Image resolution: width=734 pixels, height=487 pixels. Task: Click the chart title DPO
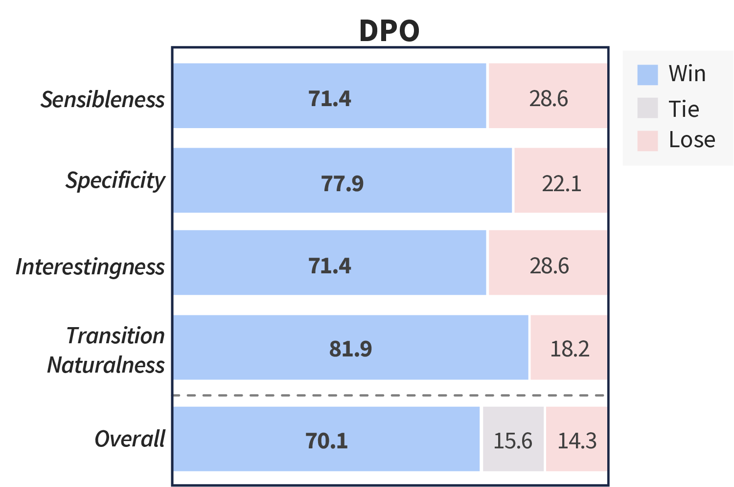pyautogui.click(x=389, y=31)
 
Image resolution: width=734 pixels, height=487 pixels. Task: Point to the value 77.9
pyautogui.click(x=343, y=184)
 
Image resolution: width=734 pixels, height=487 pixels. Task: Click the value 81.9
pyautogui.click(x=350, y=349)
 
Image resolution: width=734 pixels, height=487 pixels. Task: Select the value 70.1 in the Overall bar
pyautogui.click(x=327, y=441)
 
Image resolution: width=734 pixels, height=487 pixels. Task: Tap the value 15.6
pyautogui.click(x=512, y=441)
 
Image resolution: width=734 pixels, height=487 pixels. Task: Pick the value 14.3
pyautogui.click(x=577, y=441)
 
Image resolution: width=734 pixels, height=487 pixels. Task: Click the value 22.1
pyautogui.click(x=561, y=184)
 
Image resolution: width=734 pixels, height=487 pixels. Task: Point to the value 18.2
pyautogui.click(x=570, y=349)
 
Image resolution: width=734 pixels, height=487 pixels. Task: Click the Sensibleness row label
pyautogui.click(x=103, y=100)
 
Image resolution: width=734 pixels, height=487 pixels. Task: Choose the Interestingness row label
pyautogui.click(x=91, y=267)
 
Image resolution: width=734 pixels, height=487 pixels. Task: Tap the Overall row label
pyautogui.click(x=130, y=439)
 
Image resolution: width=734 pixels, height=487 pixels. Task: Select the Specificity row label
pyautogui.click(x=115, y=181)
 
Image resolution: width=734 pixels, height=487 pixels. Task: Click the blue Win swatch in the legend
pyautogui.click(x=647, y=75)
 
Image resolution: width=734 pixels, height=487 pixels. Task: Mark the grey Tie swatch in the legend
pyautogui.click(x=647, y=108)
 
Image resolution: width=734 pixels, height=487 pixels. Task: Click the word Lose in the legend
pyautogui.click(x=692, y=140)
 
